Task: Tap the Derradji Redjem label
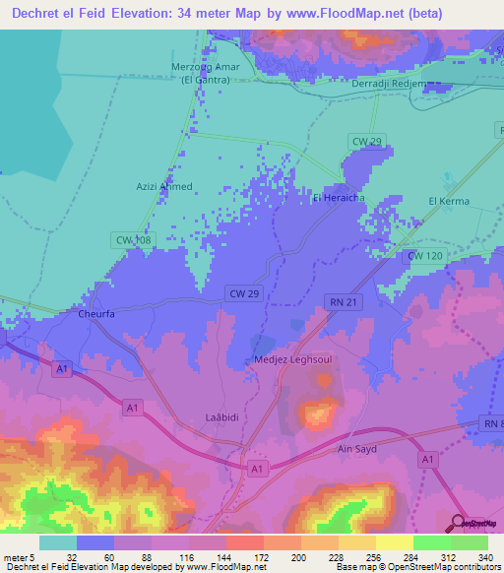(x=388, y=84)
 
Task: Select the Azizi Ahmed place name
(x=163, y=186)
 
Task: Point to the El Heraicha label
(x=338, y=198)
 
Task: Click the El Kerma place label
(x=449, y=201)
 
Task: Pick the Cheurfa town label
(x=96, y=316)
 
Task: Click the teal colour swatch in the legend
(x=57, y=542)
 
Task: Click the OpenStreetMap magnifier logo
(x=459, y=522)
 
